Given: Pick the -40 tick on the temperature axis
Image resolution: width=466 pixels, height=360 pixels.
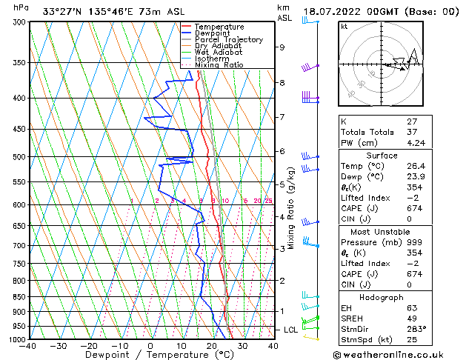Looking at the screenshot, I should [x=29, y=346].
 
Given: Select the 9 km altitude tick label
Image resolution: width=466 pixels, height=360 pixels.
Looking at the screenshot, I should [x=282, y=47].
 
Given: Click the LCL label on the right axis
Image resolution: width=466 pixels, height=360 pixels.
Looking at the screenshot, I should [x=290, y=330].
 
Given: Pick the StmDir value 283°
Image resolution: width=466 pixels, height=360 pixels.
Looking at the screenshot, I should [x=417, y=328].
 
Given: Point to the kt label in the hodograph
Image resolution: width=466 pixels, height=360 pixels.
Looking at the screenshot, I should [x=344, y=26].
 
